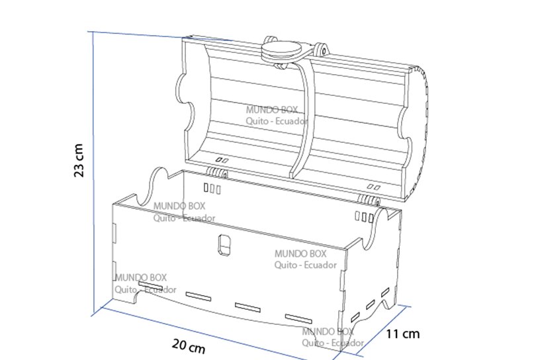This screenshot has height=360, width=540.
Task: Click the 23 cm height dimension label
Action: click(x=79, y=161)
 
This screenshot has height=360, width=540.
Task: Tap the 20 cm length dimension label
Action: click(x=189, y=346)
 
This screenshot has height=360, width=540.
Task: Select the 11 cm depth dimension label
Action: click(x=402, y=334)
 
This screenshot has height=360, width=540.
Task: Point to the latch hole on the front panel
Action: click(x=224, y=245)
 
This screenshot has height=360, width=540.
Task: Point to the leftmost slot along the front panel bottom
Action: click(x=150, y=285)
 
